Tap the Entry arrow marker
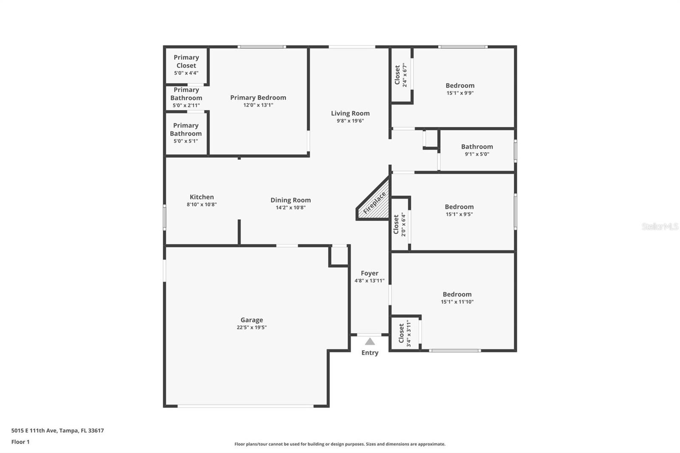click(x=370, y=341)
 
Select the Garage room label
click(x=252, y=320)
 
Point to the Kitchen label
click(x=201, y=197)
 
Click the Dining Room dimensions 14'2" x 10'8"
click(x=291, y=208)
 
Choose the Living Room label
click(x=350, y=113)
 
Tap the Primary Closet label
click(x=186, y=61)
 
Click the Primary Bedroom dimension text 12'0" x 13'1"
click(x=258, y=105)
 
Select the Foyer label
click(x=369, y=273)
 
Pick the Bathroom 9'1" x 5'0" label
click(x=477, y=150)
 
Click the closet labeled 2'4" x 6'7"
click(x=401, y=75)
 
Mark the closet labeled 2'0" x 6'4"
click(x=399, y=224)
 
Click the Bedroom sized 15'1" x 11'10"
click(x=457, y=297)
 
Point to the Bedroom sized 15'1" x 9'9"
click(x=460, y=88)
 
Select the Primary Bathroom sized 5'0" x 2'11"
click(x=186, y=97)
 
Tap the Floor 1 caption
click(x=20, y=442)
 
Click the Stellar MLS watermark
click(x=660, y=226)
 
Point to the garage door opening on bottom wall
click(x=245, y=406)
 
